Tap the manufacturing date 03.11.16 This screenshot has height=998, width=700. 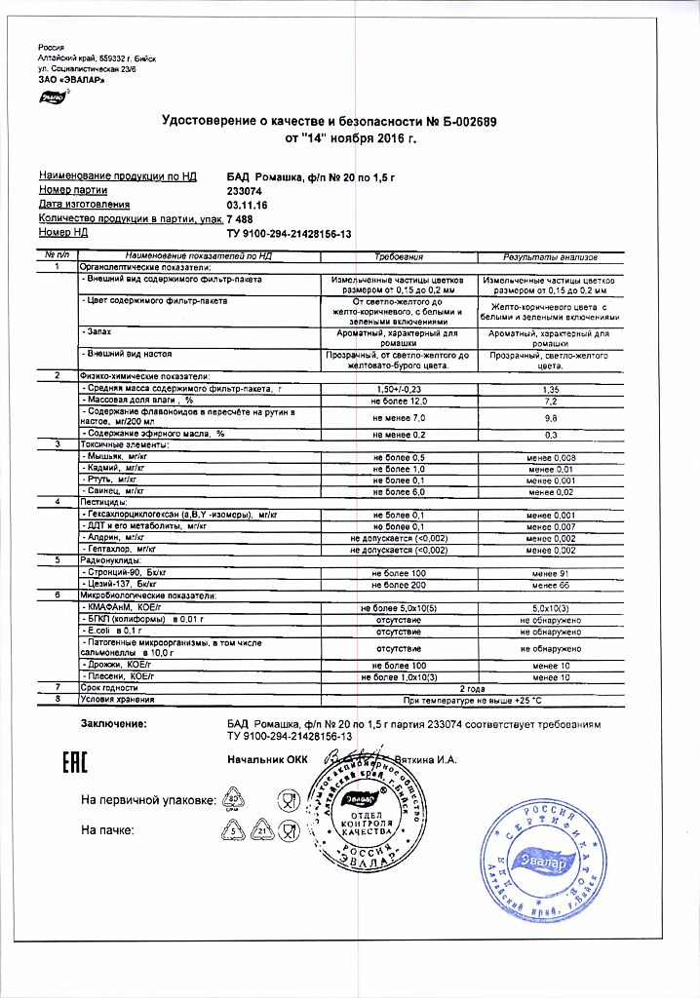(247, 206)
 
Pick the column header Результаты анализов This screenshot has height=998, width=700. (550, 255)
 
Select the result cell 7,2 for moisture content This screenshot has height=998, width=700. (550, 401)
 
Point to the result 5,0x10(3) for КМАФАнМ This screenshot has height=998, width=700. (550, 607)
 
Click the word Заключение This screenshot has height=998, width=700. (113, 724)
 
